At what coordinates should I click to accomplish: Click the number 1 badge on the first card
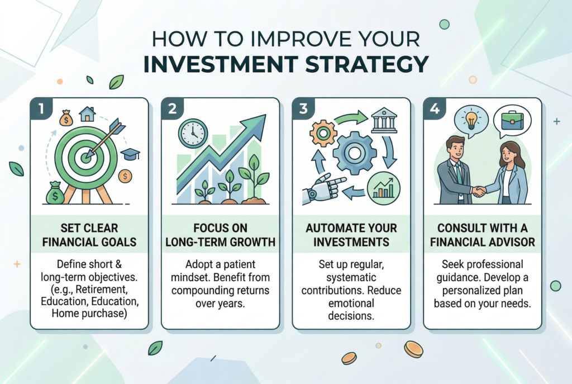(41, 108)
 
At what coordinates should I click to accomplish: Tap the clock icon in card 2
(193, 133)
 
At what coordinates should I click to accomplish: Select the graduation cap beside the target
(130, 154)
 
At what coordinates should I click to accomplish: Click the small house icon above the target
(87, 114)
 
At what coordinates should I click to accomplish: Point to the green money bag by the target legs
(55, 193)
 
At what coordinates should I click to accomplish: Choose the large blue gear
(355, 153)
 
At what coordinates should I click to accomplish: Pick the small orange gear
(323, 134)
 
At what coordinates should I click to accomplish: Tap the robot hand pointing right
(323, 188)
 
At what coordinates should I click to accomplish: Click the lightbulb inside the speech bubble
(471, 119)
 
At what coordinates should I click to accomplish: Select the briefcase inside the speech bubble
(513, 120)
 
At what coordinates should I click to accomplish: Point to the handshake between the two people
(479, 191)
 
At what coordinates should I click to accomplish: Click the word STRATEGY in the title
(366, 64)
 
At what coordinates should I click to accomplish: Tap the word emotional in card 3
(351, 304)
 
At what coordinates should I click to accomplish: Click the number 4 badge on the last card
(435, 108)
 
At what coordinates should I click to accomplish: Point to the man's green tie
(459, 173)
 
